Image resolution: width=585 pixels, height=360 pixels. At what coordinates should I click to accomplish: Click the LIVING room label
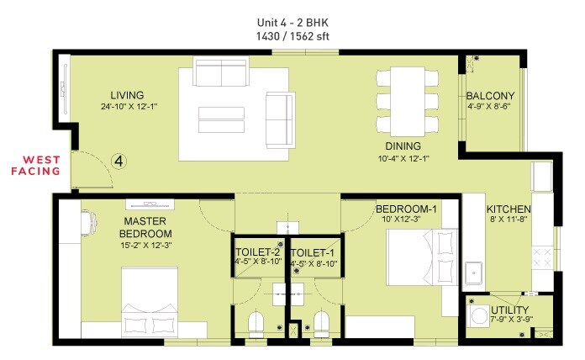127,95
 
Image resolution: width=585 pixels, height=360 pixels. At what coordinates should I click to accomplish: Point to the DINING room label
403,146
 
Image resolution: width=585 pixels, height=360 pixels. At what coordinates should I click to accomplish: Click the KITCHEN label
509,209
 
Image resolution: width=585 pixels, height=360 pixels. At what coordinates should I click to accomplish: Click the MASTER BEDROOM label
145,227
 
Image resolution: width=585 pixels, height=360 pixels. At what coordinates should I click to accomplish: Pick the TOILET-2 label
257,251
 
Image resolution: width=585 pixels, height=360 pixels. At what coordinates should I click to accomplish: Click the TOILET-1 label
313,251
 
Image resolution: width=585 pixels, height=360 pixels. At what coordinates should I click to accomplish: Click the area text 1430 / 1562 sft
292,37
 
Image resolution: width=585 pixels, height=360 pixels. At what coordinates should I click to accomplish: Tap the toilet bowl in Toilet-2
257,323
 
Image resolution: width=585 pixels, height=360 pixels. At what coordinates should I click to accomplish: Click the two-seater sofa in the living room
221,72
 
